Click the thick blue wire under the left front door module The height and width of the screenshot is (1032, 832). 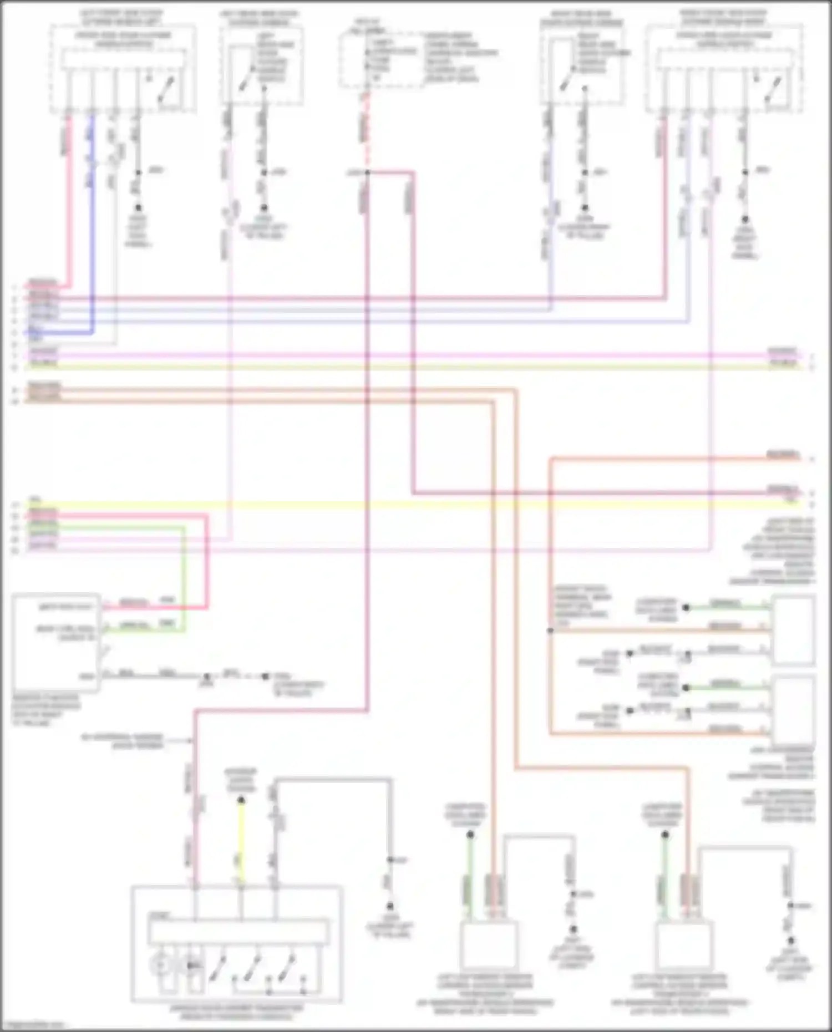(x=92, y=222)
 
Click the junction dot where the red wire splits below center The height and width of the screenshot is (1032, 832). (x=367, y=172)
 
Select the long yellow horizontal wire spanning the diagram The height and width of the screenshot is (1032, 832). (x=388, y=505)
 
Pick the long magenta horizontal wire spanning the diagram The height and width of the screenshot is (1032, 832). (x=388, y=355)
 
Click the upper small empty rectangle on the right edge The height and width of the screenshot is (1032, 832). (x=794, y=631)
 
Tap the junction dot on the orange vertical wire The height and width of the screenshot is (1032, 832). (x=550, y=631)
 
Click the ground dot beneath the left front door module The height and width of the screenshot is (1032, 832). (x=138, y=207)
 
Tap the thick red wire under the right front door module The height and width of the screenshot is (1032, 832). (x=664, y=222)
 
